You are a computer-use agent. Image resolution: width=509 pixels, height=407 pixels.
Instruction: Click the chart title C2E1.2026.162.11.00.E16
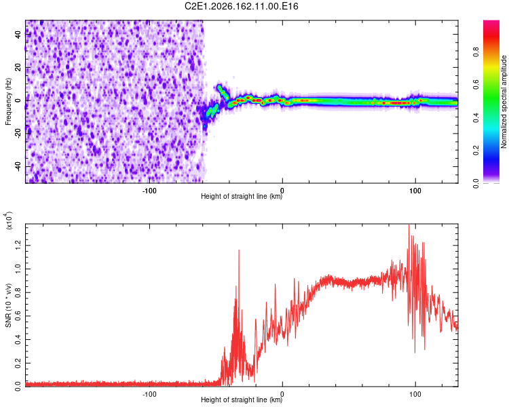[x=241, y=6]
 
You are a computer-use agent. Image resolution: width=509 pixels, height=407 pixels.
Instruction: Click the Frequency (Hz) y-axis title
[x=8, y=102]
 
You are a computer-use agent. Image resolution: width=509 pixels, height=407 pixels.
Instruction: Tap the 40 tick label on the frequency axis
[x=18, y=34]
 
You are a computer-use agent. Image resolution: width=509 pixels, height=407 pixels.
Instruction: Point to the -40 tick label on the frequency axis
[x=18, y=167]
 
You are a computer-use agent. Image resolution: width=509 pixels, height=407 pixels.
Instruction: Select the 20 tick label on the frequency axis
[x=18, y=67]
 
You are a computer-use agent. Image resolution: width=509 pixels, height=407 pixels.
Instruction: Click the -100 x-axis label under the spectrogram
[x=149, y=191]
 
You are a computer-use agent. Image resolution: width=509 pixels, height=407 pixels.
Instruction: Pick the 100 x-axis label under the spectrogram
[x=415, y=191]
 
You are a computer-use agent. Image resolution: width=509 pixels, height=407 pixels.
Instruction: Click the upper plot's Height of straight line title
[x=242, y=196]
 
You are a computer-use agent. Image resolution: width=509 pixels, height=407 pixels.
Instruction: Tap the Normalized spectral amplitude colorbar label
[x=504, y=102]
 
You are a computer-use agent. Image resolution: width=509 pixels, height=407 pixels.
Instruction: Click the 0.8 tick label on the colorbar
[x=476, y=52]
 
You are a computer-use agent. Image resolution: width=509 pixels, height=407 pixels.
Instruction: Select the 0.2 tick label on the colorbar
[x=476, y=151]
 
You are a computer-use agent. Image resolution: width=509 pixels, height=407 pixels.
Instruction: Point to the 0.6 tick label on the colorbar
[x=476, y=85]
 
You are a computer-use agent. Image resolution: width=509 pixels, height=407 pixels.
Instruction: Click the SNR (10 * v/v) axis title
[x=8, y=305]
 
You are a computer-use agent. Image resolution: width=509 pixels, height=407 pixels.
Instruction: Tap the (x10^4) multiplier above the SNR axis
[x=9, y=220]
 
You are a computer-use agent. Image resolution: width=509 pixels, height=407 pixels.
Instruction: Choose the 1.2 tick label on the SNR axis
[x=18, y=246]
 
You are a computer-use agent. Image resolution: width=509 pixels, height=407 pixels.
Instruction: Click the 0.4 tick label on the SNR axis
[x=18, y=340]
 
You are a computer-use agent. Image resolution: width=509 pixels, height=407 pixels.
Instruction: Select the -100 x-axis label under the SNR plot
[x=149, y=394]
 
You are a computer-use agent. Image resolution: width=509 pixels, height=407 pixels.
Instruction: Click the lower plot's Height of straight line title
[x=242, y=400]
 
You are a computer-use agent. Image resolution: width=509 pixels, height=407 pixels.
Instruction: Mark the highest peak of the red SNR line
[x=409, y=225]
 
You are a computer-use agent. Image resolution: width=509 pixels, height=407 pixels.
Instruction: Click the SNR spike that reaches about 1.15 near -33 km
[x=239, y=250]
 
